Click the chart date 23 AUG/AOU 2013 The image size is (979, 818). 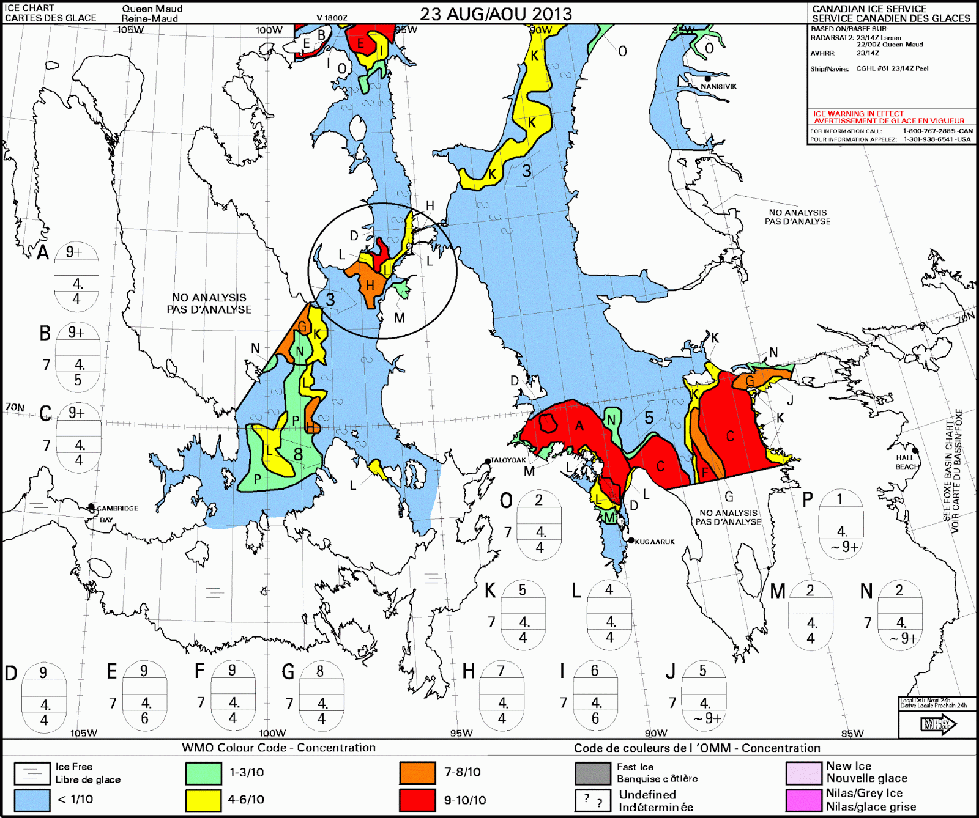pyautogui.click(x=496, y=14)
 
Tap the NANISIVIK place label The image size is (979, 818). pyautogui.click(x=718, y=86)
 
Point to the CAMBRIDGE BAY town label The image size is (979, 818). pyautogui.click(x=117, y=509)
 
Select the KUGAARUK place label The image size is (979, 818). pyautogui.click(x=655, y=542)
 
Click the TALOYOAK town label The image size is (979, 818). pyautogui.click(x=508, y=460)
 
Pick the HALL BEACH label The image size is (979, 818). pyautogui.click(x=906, y=462)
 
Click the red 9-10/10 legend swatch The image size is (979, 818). pyautogui.click(x=417, y=800)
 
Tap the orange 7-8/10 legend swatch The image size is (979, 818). pyautogui.click(x=417, y=773)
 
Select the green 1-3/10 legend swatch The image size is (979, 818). pyautogui.click(x=203, y=773)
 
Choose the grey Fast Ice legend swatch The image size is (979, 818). pyautogui.click(x=592, y=773)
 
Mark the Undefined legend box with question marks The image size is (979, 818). pyautogui.click(x=592, y=800)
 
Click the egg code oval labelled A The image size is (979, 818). pyautogui.click(x=76, y=276)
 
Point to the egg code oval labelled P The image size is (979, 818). pyautogui.click(x=841, y=524)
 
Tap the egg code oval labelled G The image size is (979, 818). pyautogui.click(x=321, y=696)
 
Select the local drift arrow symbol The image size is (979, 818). pyautogui.click(x=938, y=724)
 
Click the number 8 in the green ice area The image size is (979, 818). pyautogui.click(x=298, y=454)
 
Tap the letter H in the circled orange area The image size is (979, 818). pyautogui.click(x=370, y=286)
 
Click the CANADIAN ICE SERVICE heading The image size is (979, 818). pyautogui.click(x=869, y=9)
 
